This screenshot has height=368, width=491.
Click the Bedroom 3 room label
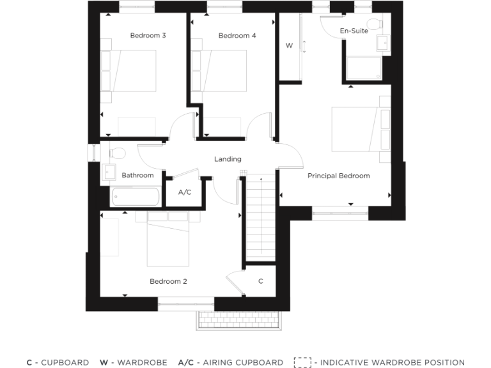coord(148,36)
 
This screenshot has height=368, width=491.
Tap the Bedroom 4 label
coord(237,36)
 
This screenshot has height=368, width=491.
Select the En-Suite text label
coord(354,31)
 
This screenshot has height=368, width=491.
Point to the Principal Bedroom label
coord(338,176)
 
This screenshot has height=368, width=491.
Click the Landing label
coord(228,159)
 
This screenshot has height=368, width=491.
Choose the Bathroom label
coord(137,175)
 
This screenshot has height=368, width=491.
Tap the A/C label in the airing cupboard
coord(185,192)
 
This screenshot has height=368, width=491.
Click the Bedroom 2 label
coord(168,281)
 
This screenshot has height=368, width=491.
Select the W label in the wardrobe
coord(289,46)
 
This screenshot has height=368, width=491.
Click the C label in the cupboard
coord(261,281)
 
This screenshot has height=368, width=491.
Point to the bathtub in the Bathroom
coord(135,196)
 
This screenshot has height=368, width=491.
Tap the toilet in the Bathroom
coord(116,153)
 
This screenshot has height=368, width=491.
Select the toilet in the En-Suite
coord(375,25)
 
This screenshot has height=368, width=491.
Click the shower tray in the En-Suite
coord(364,68)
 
